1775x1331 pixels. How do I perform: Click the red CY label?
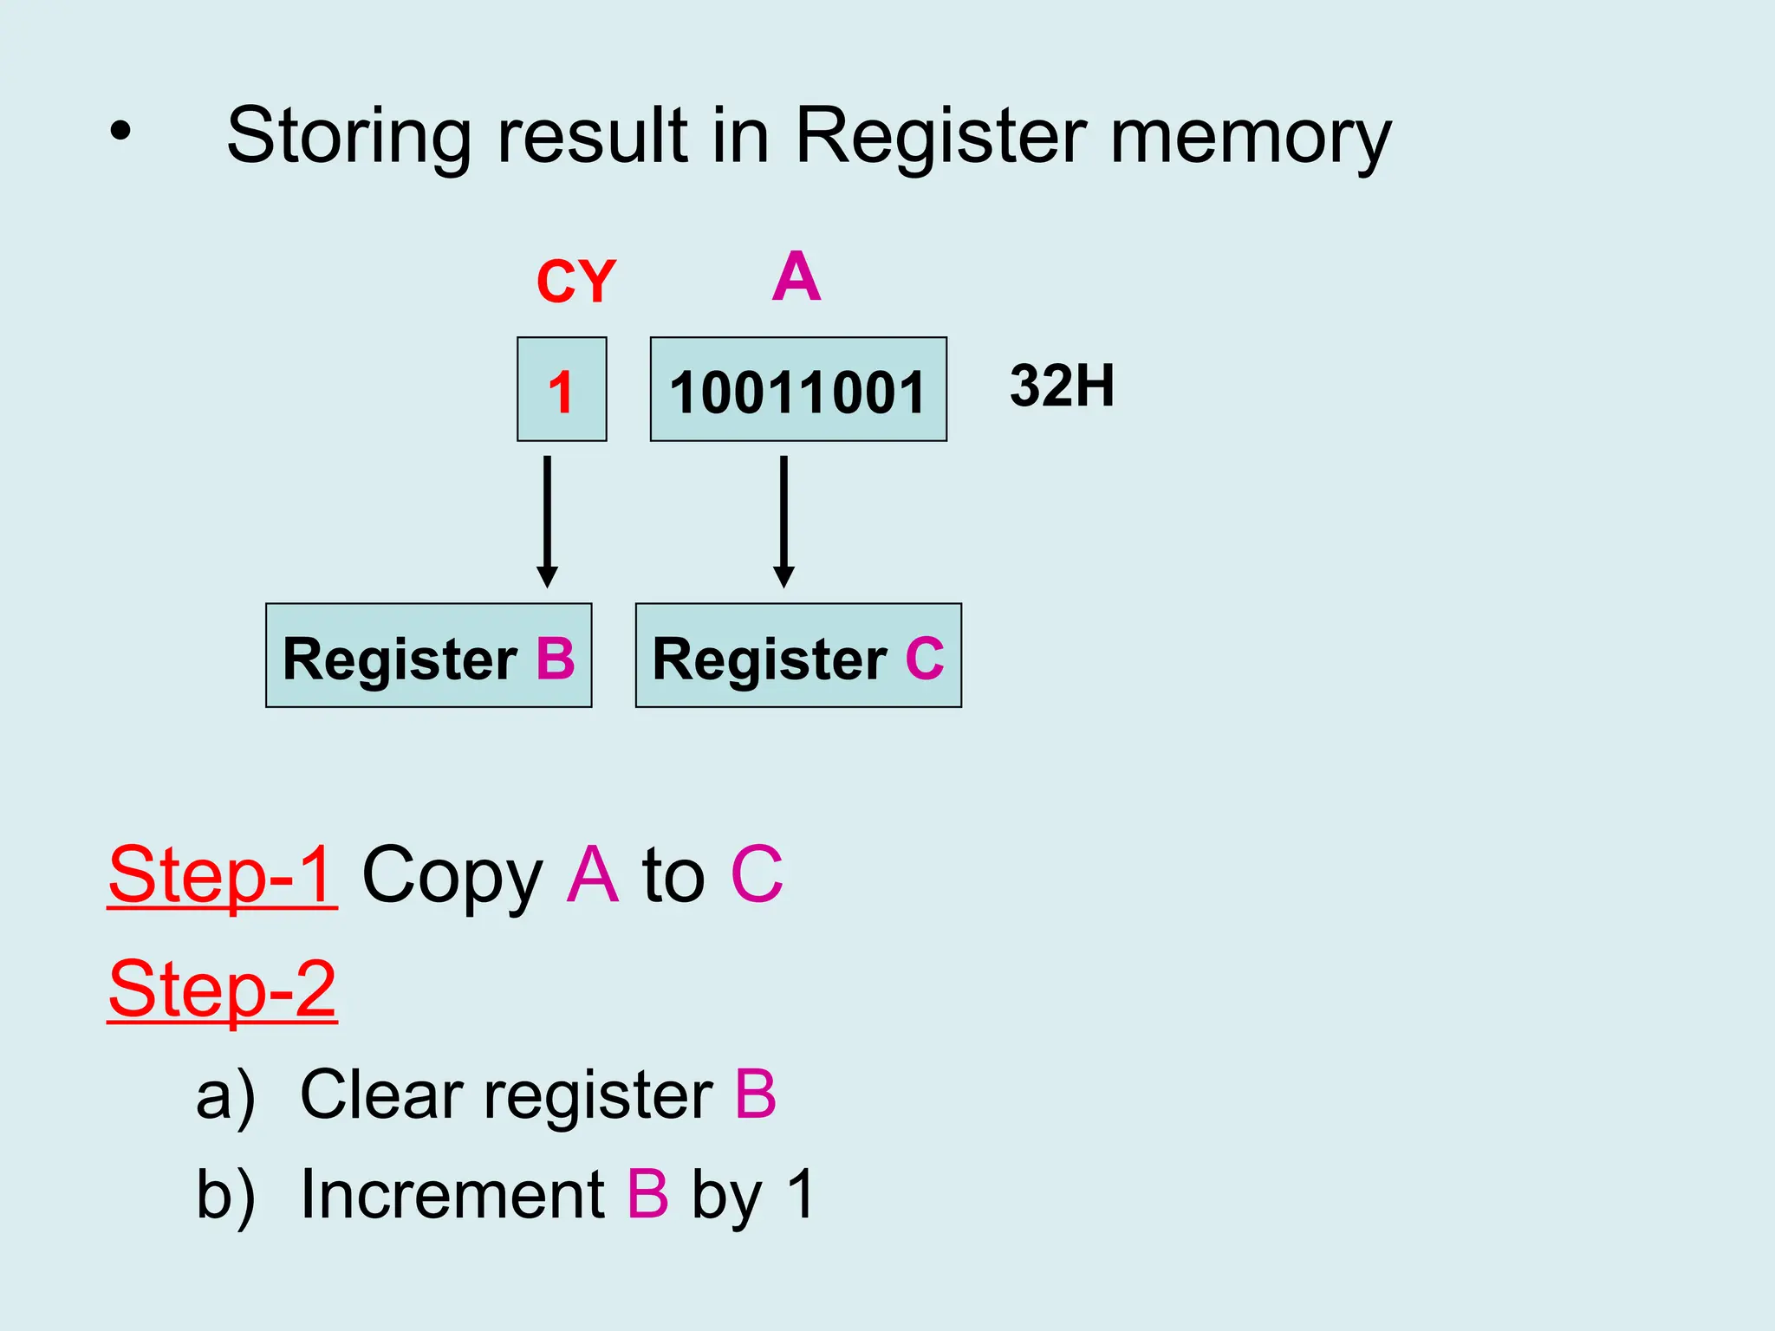[575, 282]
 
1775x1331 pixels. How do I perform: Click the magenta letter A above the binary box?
[796, 277]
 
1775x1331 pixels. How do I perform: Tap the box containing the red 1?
[562, 390]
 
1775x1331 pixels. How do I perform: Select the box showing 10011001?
[798, 390]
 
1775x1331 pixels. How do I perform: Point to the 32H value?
[1062, 386]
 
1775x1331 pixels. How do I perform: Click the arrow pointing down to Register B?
[547, 521]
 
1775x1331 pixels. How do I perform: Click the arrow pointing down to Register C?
[783, 521]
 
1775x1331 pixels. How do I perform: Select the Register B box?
[428, 656]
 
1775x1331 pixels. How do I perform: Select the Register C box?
[798, 656]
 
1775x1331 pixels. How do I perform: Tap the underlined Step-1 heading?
[222, 875]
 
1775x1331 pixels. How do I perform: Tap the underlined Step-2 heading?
[222, 990]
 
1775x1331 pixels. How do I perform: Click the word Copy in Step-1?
[452, 877]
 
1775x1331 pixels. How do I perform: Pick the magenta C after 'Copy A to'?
[757, 875]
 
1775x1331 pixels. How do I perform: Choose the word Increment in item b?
[452, 1194]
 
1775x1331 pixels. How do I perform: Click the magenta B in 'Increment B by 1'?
[648, 1194]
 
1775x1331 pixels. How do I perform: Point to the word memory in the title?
[1250, 137]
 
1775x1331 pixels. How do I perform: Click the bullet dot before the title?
[120, 133]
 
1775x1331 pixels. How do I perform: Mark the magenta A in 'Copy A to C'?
[593, 875]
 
